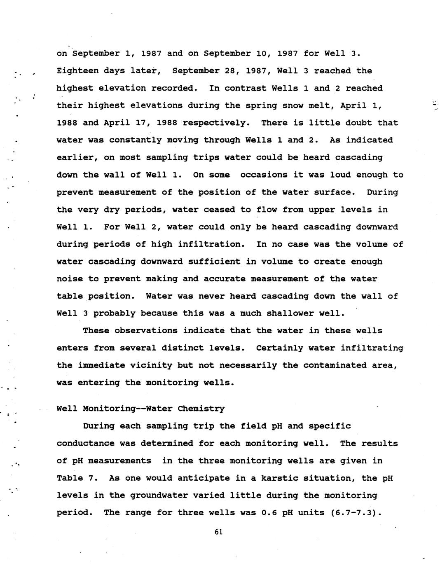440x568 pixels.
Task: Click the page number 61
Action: (218, 531)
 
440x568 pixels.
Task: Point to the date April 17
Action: (120, 123)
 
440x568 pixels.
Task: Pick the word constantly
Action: (136, 140)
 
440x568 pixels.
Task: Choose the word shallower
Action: (290, 313)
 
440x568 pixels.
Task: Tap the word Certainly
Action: (280, 348)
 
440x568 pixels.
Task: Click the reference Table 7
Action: (77, 478)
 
